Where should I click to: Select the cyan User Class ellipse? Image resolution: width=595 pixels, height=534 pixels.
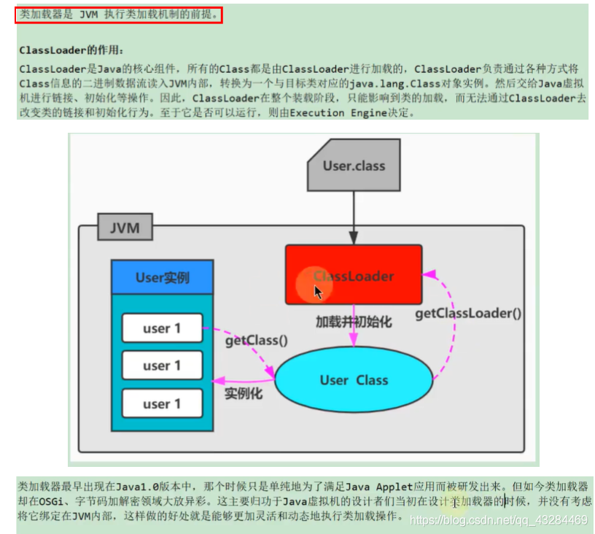pyautogui.click(x=354, y=380)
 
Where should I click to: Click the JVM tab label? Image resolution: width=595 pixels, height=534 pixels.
pyautogui.click(x=125, y=228)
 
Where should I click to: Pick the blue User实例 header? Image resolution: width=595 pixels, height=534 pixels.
pyautogui.click(x=162, y=277)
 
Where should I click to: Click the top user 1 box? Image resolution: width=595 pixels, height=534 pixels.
pyautogui.click(x=162, y=328)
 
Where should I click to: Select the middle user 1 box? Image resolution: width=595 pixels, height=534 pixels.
pyautogui.click(x=162, y=365)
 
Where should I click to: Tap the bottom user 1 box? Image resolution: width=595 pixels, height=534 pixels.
pyautogui.click(x=162, y=403)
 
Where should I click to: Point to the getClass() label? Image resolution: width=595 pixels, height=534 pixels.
pyautogui.click(x=256, y=340)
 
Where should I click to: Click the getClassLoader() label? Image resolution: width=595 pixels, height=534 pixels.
pyautogui.click(x=469, y=313)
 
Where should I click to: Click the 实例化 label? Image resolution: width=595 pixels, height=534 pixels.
pyautogui.click(x=244, y=394)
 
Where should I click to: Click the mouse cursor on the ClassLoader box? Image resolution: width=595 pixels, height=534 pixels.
pyautogui.click(x=319, y=291)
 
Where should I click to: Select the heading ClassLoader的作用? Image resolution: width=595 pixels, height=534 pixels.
pyautogui.click(x=71, y=50)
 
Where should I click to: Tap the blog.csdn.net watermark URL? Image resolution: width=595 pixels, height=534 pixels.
pyautogui.click(x=499, y=519)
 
